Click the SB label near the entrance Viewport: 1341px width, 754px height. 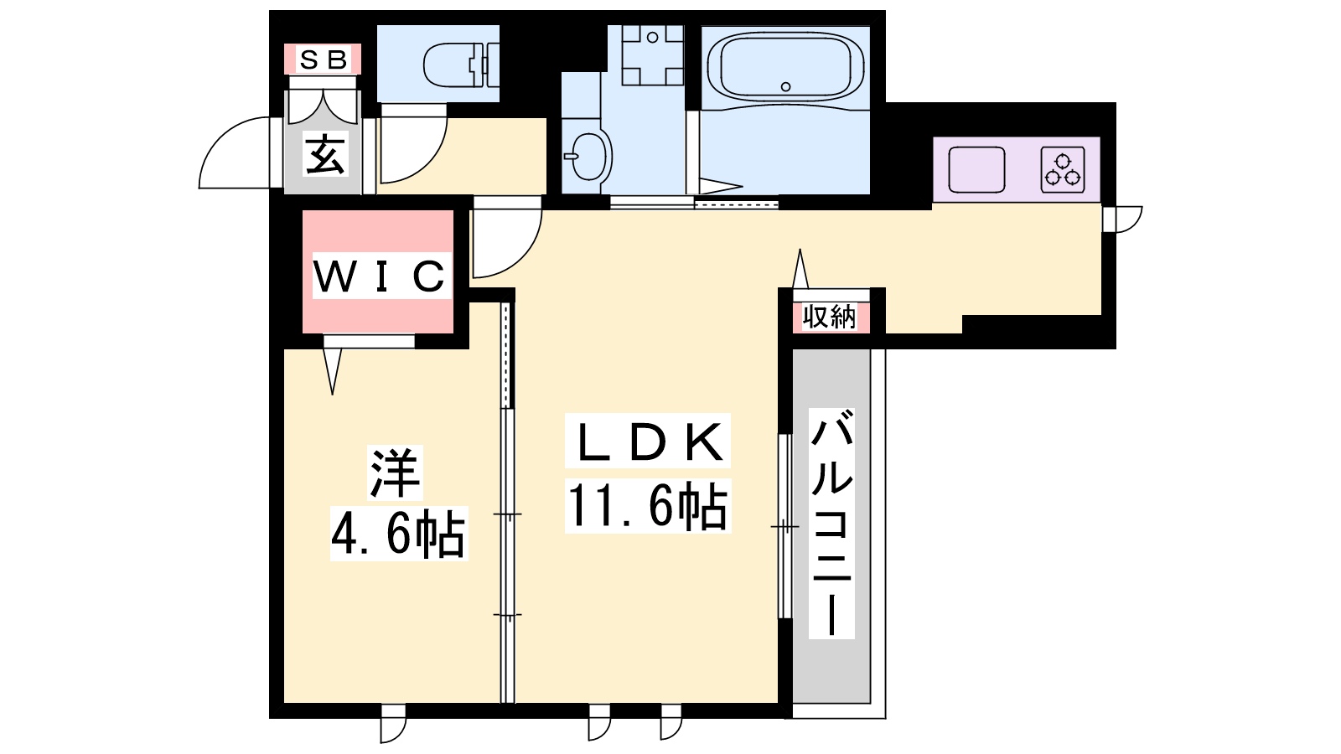(324, 59)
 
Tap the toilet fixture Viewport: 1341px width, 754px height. (461, 65)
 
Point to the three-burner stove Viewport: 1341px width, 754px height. (1063, 170)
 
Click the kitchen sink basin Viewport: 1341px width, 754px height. (976, 170)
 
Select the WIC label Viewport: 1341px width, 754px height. (380, 276)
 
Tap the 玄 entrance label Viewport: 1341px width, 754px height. (326, 154)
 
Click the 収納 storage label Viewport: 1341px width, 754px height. (829, 317)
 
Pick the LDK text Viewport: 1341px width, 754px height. (648, 442)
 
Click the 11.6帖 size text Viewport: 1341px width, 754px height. (648, 506)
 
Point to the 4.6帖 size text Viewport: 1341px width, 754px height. (398, 534)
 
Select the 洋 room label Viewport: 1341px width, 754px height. (396, 473)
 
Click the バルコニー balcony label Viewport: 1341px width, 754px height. (831, 524)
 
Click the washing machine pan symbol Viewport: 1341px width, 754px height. (653, 55)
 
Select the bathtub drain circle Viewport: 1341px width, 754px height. (786, 86)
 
